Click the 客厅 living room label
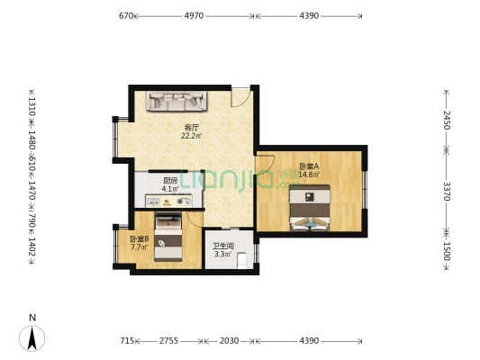[x=190, y=127]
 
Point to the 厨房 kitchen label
[x=169, y=180]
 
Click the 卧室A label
[x=307, y=166]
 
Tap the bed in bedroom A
[x=310, y=209]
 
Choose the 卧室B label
[x=140, y=238]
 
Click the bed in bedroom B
[x=168, y=236]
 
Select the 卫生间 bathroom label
[x=222, y=246]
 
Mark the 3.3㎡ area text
[x=222, y=255]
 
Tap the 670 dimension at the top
[x=126, y=15]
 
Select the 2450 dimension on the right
[x=446, y=120]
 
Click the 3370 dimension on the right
[x=446, y=192]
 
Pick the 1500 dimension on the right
[x=446, y=250]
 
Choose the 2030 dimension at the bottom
[x=230, y=341]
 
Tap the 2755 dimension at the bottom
[x=168, y=341]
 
